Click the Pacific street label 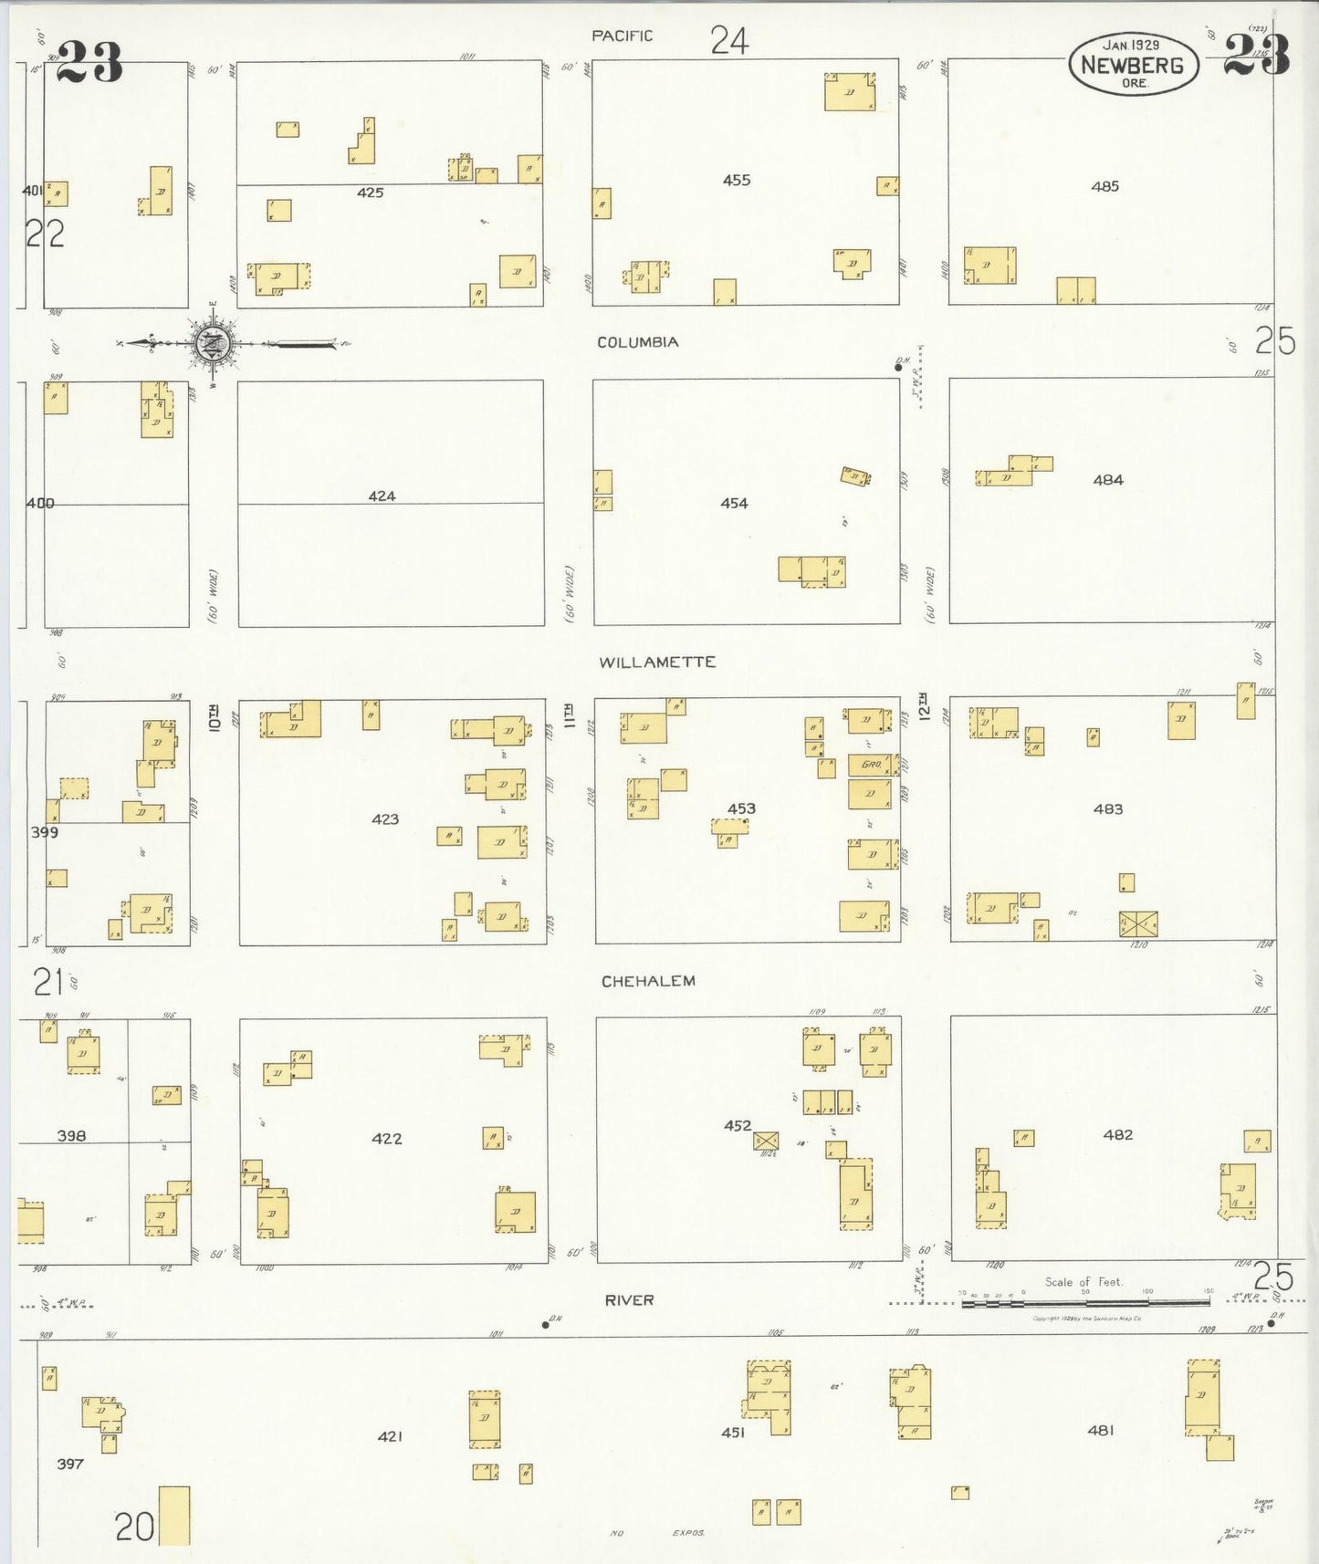click(x=622, y=36)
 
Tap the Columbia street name click(x=637, y=342)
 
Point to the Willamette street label click(x=656, y=662)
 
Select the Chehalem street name click(x=648, y=981)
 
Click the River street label click(x=629, y=1299)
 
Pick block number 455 click(x=737, y=180)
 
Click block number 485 click(x=1104, y=186)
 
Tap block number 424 click(x=382, y=496)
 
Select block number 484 click(x=1108, y=480)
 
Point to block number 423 click(x=385, y=818)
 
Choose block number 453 click(x=741, y=808)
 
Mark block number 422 click(x=386, y=1138)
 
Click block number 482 click(x=1117, y=1134)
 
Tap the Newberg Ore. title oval click(x=1132, y=64)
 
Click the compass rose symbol click(x=214, y=344)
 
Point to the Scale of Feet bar click(x=1085, y=1302)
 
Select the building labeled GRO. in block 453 click(x=870, y=765)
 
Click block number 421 click(x=390, y=1436)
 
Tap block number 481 click(x=1100, y=1430)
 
